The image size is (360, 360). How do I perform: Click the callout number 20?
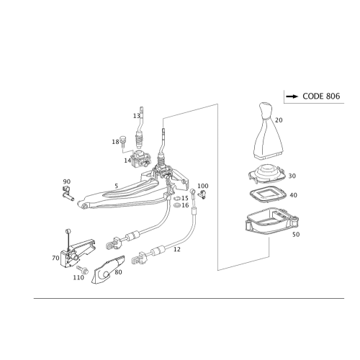point(279,120)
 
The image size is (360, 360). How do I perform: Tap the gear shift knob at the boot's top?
point(265,111)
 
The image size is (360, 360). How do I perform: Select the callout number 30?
point(292,176)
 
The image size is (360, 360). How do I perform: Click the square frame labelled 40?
point(268,194)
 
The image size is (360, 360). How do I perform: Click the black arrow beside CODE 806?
point(292,96)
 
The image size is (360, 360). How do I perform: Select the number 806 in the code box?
point(333,96)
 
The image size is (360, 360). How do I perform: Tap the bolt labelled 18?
point(123,142)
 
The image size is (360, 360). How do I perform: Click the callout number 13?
point(136,116)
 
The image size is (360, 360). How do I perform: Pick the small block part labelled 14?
point(141,159)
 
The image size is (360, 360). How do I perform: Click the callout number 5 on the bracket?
point(117,186)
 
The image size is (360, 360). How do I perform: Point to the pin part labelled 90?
point(67,194)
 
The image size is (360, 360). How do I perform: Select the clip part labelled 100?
point(202,194)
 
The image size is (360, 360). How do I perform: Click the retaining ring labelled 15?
point(177,198)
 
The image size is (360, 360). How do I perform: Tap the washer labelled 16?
point(177,205)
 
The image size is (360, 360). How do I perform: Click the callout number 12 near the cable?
point(177,250)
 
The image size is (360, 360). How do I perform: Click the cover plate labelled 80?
point(108,270)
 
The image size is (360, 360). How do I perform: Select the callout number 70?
point(55,258)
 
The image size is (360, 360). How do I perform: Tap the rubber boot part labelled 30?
point(266,174)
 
